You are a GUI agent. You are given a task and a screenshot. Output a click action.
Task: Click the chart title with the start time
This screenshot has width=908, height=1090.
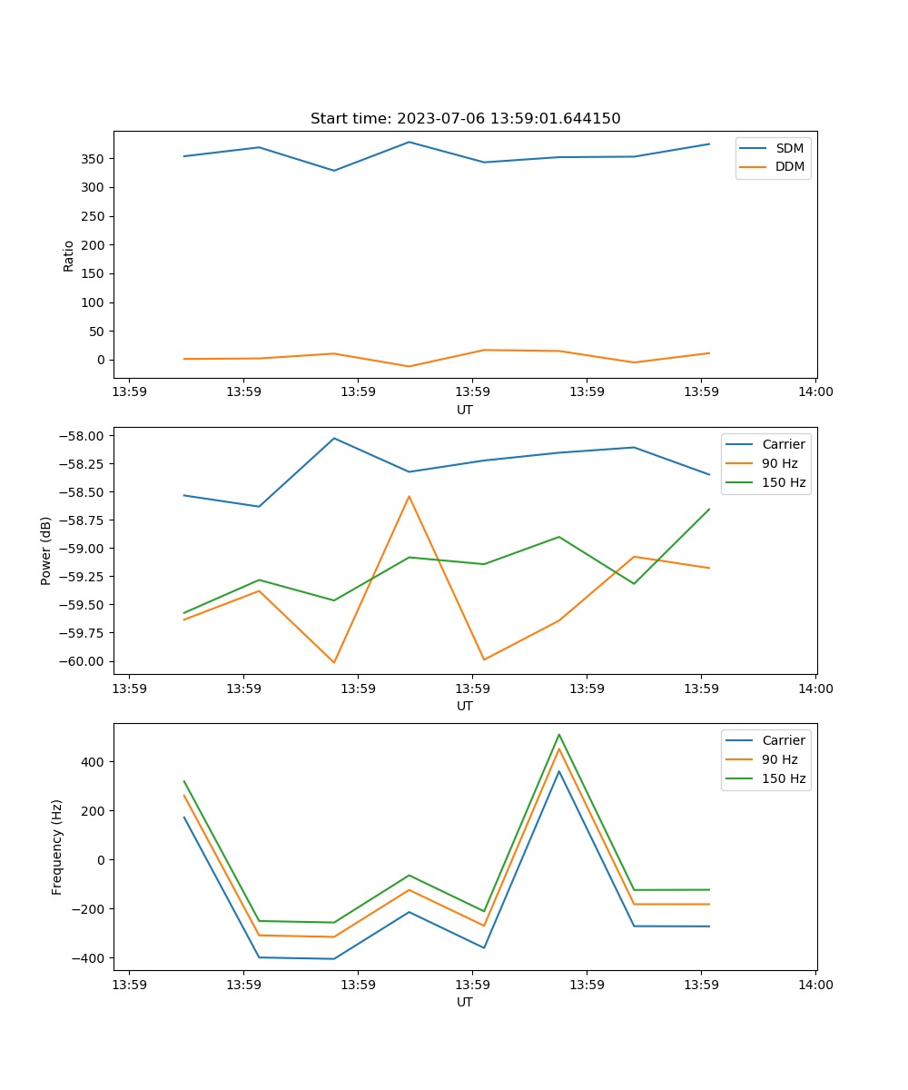tap(465, 119)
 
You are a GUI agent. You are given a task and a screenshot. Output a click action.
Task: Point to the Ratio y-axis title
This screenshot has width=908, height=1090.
tap(69, 255)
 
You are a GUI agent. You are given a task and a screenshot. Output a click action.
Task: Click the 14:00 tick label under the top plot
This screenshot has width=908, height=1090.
tap(814, 392)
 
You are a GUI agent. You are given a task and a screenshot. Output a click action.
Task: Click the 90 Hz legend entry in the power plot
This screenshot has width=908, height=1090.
tap(779, 463)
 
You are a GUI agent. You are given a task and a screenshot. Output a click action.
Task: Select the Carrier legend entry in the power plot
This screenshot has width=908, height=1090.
tap(783, 444)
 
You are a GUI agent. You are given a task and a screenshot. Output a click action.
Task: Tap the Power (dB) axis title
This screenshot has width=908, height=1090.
tap(46, 550)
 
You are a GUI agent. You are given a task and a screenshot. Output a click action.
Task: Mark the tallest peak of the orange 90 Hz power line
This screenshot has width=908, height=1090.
tap(409, 496)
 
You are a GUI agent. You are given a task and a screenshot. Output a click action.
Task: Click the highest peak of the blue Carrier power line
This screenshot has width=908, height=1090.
tap(334, 438)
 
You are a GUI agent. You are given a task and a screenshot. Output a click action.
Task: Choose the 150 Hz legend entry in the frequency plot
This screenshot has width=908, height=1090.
tap(784, 778)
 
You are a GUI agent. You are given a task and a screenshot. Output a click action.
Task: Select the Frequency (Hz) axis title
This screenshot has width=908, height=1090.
tap(57, 847)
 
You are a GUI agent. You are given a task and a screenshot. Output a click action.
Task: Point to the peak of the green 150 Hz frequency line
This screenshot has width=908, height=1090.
tap(559, 735)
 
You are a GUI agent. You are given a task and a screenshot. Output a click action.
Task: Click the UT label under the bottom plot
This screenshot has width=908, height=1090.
tap(465, 1002)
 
